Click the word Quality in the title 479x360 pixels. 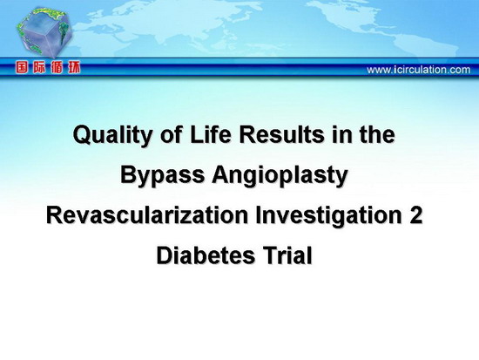point(112,135)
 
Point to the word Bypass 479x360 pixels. point(162,176)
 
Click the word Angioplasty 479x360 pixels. point(280,176)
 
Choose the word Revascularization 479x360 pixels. point(147,214)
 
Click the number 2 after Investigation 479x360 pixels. point(415,214)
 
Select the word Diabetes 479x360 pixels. point(206,255)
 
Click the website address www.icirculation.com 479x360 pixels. point(419,70)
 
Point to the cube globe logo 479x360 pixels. point(44,33)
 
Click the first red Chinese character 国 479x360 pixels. point(22,68)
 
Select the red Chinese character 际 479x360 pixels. point(39,68)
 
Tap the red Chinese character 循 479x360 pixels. point(57,68)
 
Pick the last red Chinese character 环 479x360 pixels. point(74,68)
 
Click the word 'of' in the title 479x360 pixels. point(171,134)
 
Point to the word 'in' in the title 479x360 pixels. point(341,134)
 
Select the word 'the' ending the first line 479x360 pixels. point(377,134)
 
